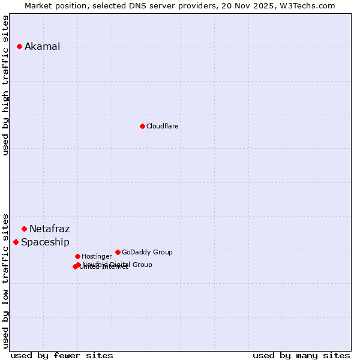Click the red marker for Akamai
(19, 46)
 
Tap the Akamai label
(42, 47)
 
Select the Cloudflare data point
(142, 126)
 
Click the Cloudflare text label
(162, 126)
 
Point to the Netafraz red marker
(24, 229)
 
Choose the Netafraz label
(49, 229)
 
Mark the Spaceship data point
(16, 242)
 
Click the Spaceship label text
(45, 242)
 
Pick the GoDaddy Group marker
(118, 252)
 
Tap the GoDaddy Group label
(147, 252)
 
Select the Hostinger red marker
(77, 256)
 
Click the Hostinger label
(97, 257)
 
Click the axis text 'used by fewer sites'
(62, 355)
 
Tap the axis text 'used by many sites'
(301, 355)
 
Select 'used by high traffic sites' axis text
(6, 85)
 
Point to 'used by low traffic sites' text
(6, 280)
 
